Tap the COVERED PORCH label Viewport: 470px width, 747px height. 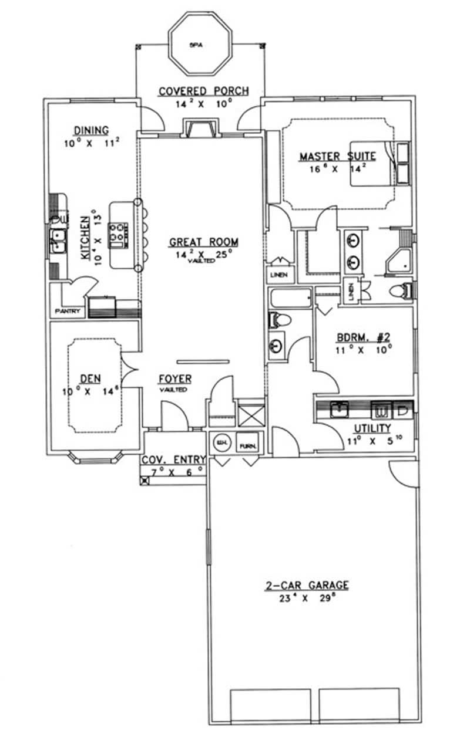click(204, 91)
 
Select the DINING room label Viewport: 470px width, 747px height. click(91, 130)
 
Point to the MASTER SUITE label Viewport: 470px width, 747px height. click(337, 157)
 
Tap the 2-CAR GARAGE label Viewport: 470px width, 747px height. click(314, 585)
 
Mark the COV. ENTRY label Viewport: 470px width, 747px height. click(173, 459)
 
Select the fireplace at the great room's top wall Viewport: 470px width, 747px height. click(200, 128)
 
